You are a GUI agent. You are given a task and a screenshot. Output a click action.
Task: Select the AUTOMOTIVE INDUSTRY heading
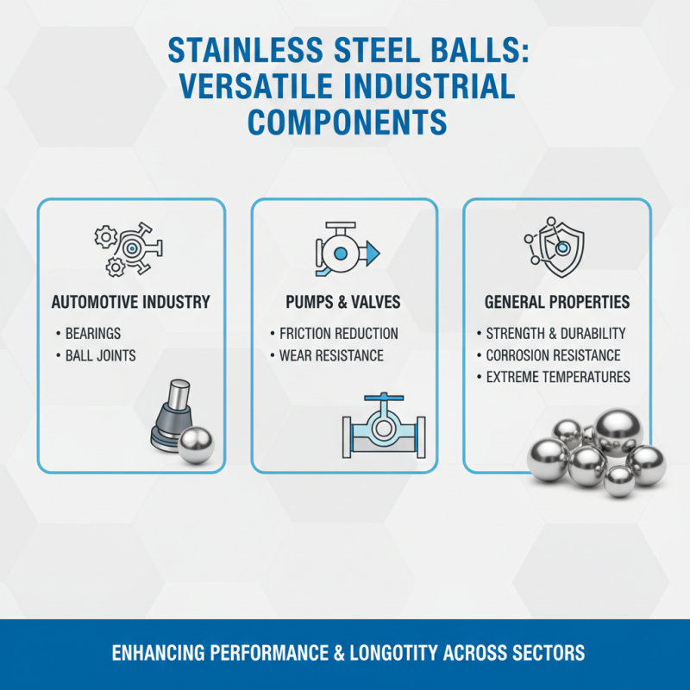[x=131, y=303]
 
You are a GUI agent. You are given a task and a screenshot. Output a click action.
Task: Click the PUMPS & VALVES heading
[x=344, y=303]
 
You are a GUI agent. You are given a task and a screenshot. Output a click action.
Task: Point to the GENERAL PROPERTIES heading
[x=557, y=303]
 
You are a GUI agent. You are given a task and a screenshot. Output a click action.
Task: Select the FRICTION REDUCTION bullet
[x=339, y=333]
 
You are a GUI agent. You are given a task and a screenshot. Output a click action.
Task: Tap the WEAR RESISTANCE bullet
[x=332, y=355]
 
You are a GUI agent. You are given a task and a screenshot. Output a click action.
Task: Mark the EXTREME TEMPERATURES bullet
[x=558, y=377]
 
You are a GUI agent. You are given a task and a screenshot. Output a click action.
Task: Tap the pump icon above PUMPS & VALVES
[x=343, y=250]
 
